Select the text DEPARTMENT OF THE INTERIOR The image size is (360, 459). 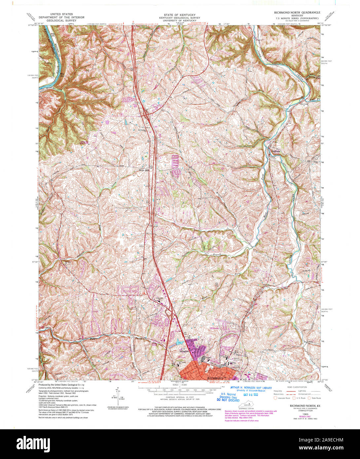pyautogui.click(x=61, y=18)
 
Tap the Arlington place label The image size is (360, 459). pyautogui.click(x=184, y=351)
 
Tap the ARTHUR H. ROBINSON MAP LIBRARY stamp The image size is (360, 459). pyautogui.click(x=251, y=388)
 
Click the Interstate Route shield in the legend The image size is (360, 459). pyautogui.click(x=275, y=398)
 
